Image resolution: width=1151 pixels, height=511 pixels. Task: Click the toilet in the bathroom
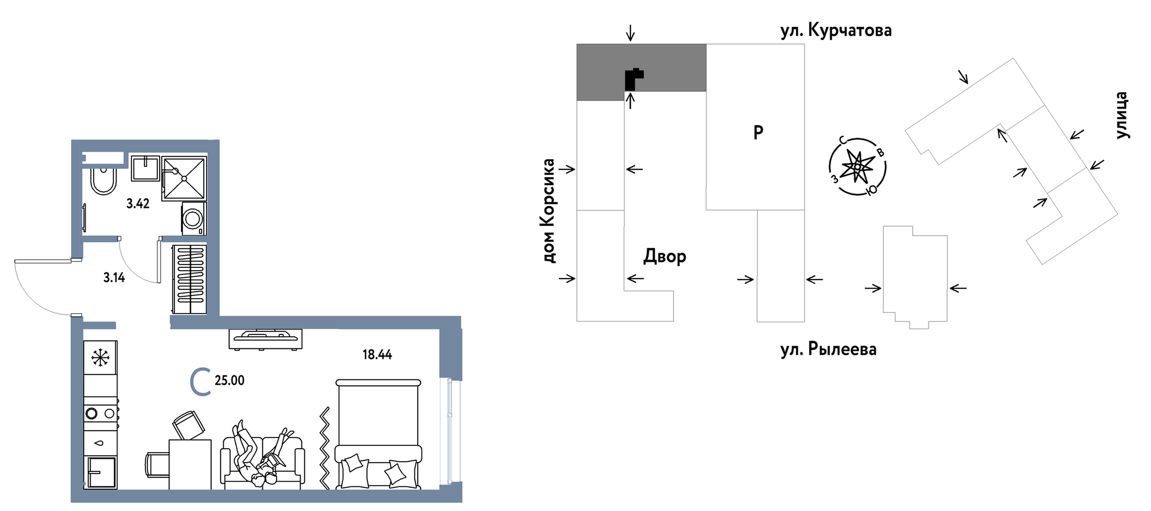[x=103, y=180]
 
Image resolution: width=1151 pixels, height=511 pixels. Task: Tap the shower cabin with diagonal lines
[x=184, y=178]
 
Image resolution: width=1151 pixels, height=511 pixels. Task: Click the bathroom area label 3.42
[x=138, y=204]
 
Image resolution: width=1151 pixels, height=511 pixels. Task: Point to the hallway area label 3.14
[x=114, y=278]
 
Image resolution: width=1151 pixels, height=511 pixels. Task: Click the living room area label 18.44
[x=377, y=354]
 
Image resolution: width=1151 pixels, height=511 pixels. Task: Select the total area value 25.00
[x=229, y=380]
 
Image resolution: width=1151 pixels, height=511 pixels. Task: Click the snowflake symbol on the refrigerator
[x=100, y=357]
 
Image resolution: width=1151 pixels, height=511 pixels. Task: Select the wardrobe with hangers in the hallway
[x=189, y=279]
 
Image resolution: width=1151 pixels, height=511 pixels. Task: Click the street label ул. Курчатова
[x=836, y=31]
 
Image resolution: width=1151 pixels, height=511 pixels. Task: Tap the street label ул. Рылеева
[x=828, y=349]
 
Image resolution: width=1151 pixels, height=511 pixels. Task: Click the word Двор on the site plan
[x=665, y=256]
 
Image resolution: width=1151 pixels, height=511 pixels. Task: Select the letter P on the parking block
[x=758, y=132]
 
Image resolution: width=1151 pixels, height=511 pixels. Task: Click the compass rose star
[x=857, y=167]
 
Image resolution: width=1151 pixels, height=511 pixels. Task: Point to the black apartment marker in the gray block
[x=632, y=79]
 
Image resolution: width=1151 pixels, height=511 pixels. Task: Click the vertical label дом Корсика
[x=549, y=211]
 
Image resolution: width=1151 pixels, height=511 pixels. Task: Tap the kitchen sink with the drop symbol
[x=100, y=443]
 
